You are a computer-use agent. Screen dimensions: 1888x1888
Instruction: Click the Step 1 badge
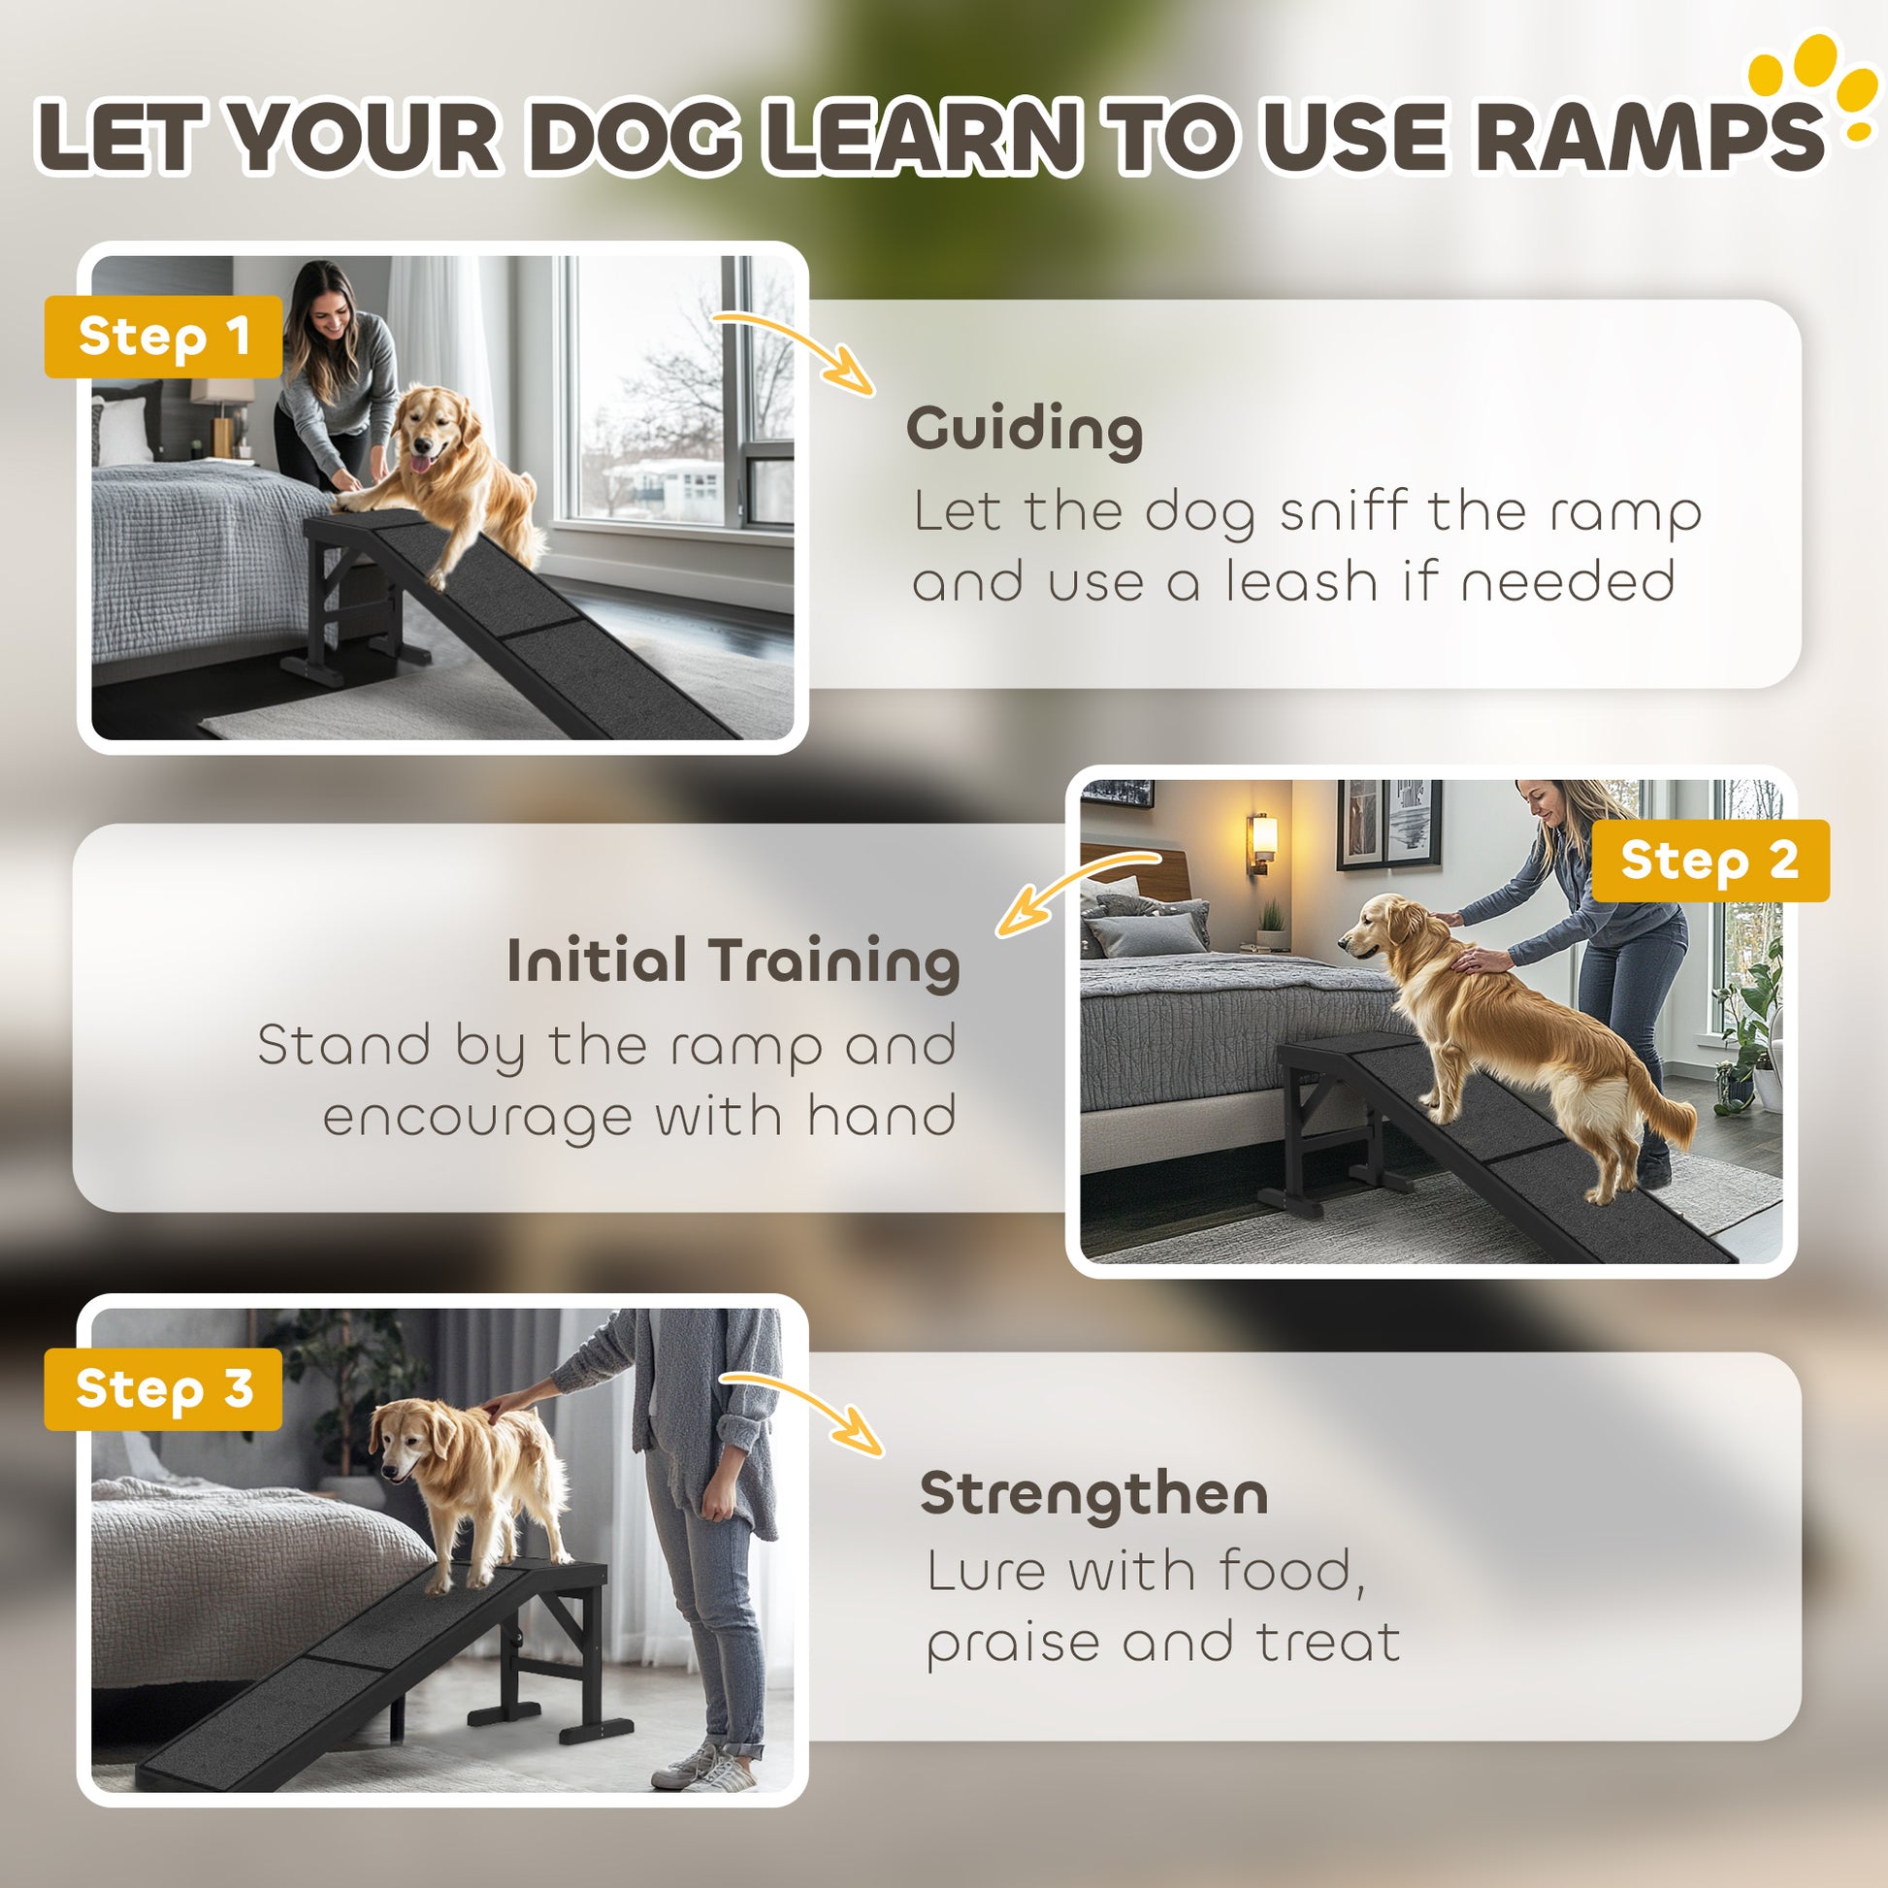pos(163,336)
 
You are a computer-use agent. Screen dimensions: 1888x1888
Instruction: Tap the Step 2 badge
pos(1710,860)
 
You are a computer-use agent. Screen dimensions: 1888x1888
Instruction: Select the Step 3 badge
pos(163,1388)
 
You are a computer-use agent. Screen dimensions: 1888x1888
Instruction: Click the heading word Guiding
pos(1025,430)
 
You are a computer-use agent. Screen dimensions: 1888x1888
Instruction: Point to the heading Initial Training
pos(732,961)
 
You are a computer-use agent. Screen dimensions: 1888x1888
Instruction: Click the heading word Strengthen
pos(1093,1494)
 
